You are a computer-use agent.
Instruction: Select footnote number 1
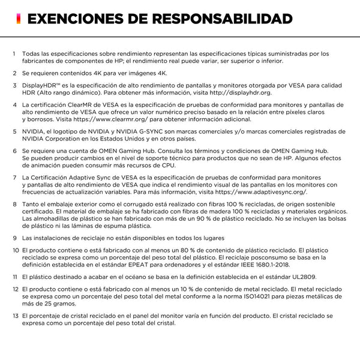coord(14,53)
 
